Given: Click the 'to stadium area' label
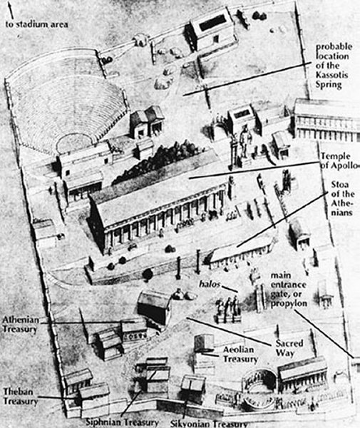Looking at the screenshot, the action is (37, 24).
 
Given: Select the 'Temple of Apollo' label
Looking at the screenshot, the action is (339, 160).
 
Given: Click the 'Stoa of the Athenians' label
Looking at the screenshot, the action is (342, 198).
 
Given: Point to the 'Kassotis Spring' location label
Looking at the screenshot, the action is (333, 66).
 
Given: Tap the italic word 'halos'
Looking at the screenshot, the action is (210, 284).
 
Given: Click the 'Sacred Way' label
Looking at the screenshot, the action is (289, 348).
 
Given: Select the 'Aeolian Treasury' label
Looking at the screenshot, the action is (240, 355).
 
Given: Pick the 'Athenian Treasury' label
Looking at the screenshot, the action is (21, 325).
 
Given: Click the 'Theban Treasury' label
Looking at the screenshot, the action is (20, 397).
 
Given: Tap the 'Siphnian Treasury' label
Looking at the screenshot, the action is (122, 422).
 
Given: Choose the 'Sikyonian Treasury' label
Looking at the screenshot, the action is (209, 423).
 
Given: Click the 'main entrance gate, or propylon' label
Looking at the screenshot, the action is (289, 289).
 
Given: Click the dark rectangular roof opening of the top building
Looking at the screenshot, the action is (213, 22).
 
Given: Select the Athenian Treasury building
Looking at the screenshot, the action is (153, 307).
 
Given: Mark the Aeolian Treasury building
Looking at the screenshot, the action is (203, 343).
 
